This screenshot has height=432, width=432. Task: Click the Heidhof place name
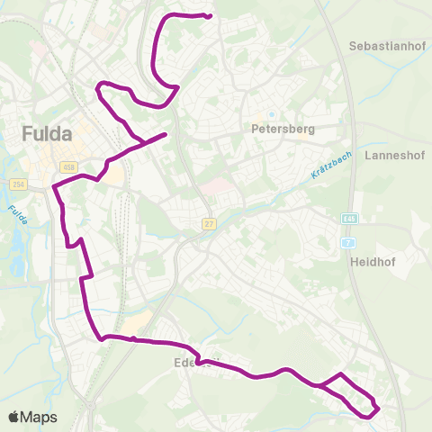click(373, 264)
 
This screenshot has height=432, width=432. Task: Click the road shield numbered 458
click(68, 166)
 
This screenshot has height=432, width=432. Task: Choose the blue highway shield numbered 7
click(348, 243)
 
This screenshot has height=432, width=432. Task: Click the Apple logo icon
click(14, 417)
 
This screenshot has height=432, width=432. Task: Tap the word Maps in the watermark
click(40, 417)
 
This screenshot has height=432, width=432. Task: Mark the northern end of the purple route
click(209, 16)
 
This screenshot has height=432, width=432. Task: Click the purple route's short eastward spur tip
click(166, 135)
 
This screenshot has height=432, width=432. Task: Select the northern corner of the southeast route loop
click(340, 373)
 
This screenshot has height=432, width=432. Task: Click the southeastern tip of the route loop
click(378, 409)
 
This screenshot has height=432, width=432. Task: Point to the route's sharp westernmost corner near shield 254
click(54, 187)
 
